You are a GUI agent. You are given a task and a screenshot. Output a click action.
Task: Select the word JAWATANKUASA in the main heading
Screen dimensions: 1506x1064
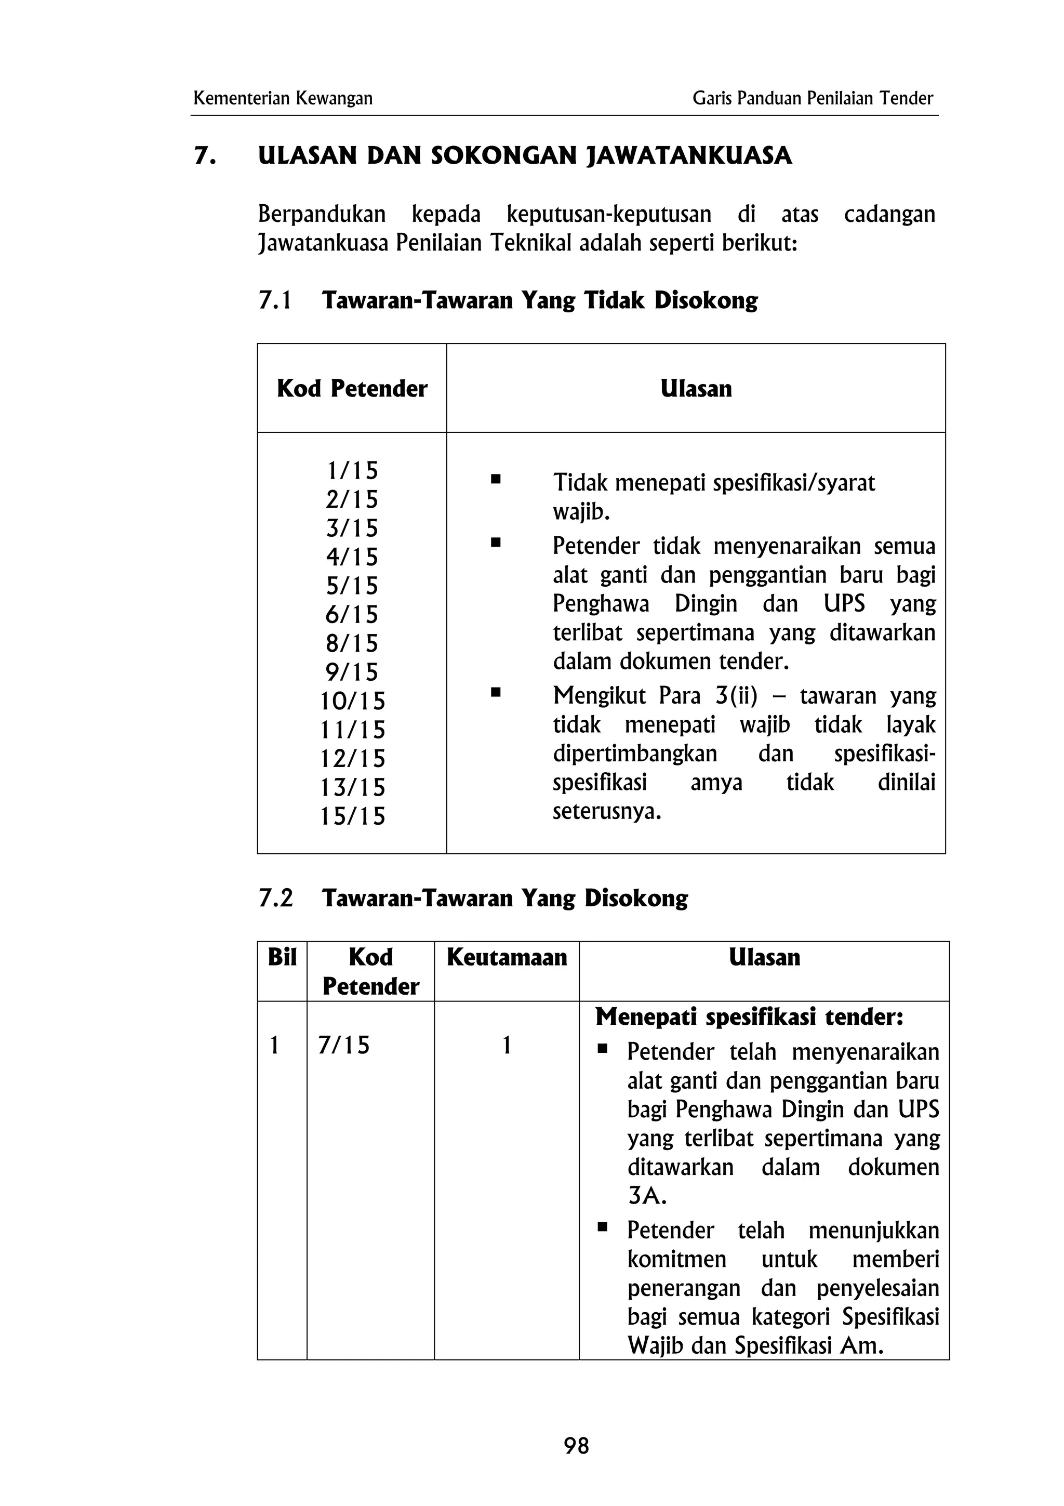688,156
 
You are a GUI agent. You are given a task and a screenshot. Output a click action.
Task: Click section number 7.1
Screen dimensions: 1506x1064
275,300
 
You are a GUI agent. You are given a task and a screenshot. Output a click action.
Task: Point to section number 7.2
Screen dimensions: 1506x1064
275,898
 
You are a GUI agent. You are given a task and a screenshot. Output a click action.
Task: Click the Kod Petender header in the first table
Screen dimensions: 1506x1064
352,388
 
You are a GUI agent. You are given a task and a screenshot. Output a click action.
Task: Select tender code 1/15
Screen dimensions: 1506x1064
352,470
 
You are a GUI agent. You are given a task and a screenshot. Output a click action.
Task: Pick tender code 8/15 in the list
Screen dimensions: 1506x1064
352,643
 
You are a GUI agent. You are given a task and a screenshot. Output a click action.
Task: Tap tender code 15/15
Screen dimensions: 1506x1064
352,816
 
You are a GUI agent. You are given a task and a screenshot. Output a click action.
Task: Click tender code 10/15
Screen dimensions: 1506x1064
352,701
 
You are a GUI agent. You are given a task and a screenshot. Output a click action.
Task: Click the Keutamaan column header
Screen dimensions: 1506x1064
506,957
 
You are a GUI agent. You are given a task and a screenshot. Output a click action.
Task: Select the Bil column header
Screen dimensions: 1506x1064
282,957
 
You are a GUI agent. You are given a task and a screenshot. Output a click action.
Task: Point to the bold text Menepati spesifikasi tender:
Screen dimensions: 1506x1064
749,1016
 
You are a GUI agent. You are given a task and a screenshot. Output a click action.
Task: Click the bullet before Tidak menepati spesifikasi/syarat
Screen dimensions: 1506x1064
496,480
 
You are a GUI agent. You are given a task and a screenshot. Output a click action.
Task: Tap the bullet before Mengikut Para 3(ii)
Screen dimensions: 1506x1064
496,692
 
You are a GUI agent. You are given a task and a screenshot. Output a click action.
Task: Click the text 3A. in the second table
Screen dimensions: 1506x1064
646,1196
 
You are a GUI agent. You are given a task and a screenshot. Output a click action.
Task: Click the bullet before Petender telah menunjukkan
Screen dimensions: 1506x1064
602,1225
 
